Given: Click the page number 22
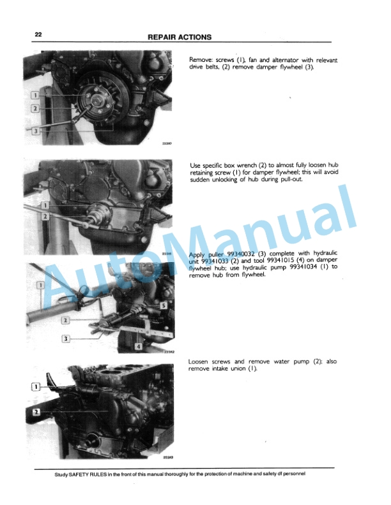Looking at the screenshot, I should click(38, 36).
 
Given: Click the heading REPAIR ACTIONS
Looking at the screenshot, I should click(180, 37).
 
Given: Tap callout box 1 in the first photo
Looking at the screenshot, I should click(35, 95).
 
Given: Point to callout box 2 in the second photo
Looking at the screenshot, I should click(44, 217).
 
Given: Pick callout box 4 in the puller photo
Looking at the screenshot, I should click(138, 346).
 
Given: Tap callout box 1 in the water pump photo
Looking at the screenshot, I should click(36, 386).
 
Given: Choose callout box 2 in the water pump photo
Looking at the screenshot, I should click(36, 412).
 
